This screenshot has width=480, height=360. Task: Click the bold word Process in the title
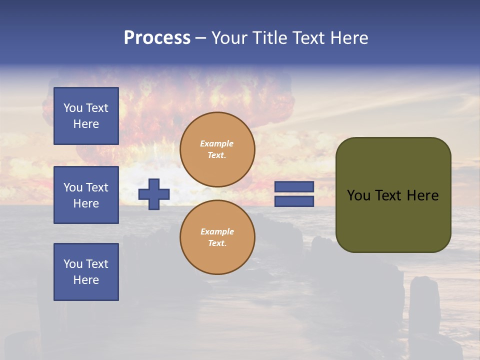[x=157, y=38]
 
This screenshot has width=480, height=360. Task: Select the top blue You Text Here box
[x=86, y=116]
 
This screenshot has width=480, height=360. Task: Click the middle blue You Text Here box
[x=86, y=195]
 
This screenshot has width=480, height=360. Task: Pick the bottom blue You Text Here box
[x=86, y=272]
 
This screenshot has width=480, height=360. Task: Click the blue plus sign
[x=154, y=194]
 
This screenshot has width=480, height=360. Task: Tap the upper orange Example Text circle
[x=217, y=149]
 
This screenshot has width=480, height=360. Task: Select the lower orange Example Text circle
[x=217, y=237]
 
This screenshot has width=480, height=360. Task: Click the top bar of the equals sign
[x=294, y=186]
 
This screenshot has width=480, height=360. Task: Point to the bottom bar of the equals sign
[x=294, y=201]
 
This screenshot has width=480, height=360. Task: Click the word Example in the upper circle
[x=217, y=144]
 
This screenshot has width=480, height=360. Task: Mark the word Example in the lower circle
[x=217, y=232]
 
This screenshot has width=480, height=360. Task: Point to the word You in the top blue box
[x=73, y=108]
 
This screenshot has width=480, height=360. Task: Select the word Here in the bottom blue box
[x=86, y=280]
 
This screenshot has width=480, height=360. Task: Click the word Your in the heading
[x=231, y=38]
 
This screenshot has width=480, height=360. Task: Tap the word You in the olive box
[x=358, y=195]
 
